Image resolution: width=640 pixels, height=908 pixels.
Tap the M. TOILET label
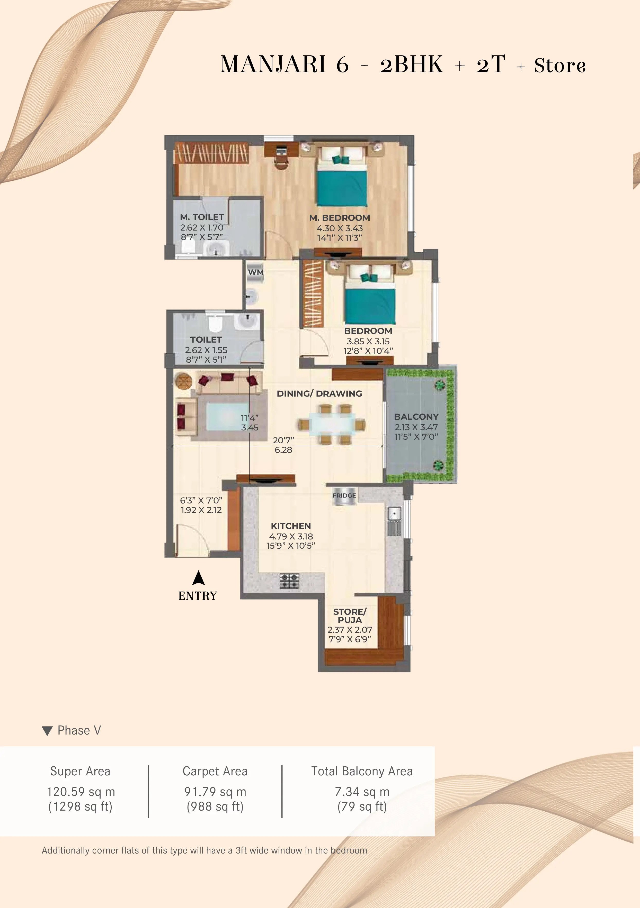coord(202,217)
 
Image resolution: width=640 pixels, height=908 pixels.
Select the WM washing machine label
coord(256,272)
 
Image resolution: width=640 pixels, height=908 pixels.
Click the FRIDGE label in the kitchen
coord(344,496)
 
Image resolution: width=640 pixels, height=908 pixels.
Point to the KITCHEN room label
coord(291,526)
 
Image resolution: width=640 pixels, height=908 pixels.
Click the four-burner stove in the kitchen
coord(289,581)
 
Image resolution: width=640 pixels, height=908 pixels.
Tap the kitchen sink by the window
coord(394,522)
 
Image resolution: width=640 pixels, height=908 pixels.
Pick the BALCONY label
coord(416,417)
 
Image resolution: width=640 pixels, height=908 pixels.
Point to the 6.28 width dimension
coord(283,450)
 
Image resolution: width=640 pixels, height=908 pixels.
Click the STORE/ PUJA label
coord(350,616)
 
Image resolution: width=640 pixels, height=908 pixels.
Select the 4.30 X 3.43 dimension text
coord(340,228)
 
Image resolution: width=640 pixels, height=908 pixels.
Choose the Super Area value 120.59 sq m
coord(81,792)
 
